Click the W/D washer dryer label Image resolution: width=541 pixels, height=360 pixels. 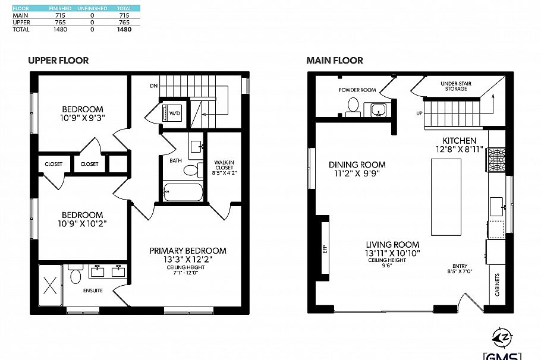(175, 112)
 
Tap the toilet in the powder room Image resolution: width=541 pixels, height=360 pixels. (353, 106)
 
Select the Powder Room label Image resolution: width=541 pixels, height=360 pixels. (357, 90)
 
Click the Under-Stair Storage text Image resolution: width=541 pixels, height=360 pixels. (456, 87)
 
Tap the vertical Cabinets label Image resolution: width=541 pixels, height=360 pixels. (496, 285)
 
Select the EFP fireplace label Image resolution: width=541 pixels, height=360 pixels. (325, 248)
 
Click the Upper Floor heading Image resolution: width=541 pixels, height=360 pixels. (58, 61)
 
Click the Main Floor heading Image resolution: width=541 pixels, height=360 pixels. (335, 61)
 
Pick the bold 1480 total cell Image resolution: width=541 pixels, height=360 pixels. (124, 29)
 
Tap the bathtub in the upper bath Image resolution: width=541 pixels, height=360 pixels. (184, 192)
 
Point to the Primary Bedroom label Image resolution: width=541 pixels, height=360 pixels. (188, 251)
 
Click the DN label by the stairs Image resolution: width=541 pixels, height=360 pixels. (153, 86)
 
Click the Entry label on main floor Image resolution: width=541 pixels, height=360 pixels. (460, 267)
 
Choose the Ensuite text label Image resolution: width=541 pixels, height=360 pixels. (93, 290)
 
